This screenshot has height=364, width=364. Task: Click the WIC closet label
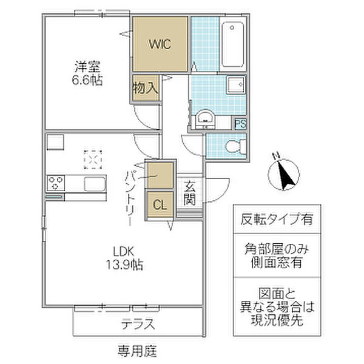point(160,44)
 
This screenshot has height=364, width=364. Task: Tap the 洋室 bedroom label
point(87,66)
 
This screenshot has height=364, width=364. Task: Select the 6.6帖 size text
point(87,80)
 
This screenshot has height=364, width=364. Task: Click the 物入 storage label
point(146,88)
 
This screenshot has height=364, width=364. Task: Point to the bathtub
point(232,44)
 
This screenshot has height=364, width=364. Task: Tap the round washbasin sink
point(205,118)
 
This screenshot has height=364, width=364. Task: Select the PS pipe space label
point(240,124)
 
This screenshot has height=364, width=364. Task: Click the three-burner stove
point(56,183)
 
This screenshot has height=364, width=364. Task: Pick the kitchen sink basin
point(95,184)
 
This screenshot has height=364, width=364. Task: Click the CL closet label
point(160,205)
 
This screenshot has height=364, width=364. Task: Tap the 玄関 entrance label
point(189,193)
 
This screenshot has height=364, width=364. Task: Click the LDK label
point(124,251)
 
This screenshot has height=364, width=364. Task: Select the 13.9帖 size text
point(124,265)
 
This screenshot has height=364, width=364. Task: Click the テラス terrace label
point(138,324)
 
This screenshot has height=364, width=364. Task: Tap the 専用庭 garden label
point(138,351)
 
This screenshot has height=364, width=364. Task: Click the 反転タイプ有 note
point(277,220)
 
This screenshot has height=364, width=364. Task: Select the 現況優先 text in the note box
point(277,320)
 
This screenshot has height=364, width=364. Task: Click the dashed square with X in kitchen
point(93,160)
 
